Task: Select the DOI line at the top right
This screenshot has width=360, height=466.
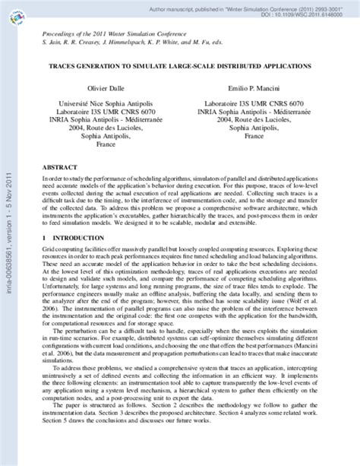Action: (310, 13)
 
